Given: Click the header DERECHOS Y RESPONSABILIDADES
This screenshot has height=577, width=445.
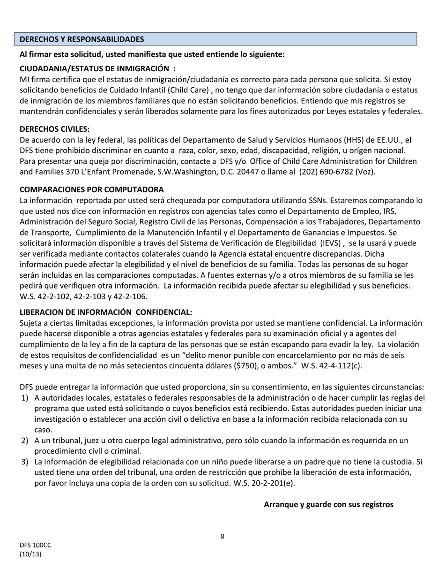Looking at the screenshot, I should point(82,39).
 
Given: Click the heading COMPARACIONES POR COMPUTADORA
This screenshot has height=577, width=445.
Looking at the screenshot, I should point(91,190).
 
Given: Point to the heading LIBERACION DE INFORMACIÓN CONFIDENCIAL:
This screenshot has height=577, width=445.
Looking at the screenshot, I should point(105,312).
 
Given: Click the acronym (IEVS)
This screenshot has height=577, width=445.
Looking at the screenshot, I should point(331,243).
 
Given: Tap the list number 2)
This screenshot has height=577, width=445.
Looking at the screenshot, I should point(24,440).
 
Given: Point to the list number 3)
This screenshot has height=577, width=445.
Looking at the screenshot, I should point(24,462).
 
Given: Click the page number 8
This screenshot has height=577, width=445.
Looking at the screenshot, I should point(222,537).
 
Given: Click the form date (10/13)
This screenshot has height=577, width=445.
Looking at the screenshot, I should point(30,554).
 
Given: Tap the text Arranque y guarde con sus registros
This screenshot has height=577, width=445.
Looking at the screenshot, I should point(328,505).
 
